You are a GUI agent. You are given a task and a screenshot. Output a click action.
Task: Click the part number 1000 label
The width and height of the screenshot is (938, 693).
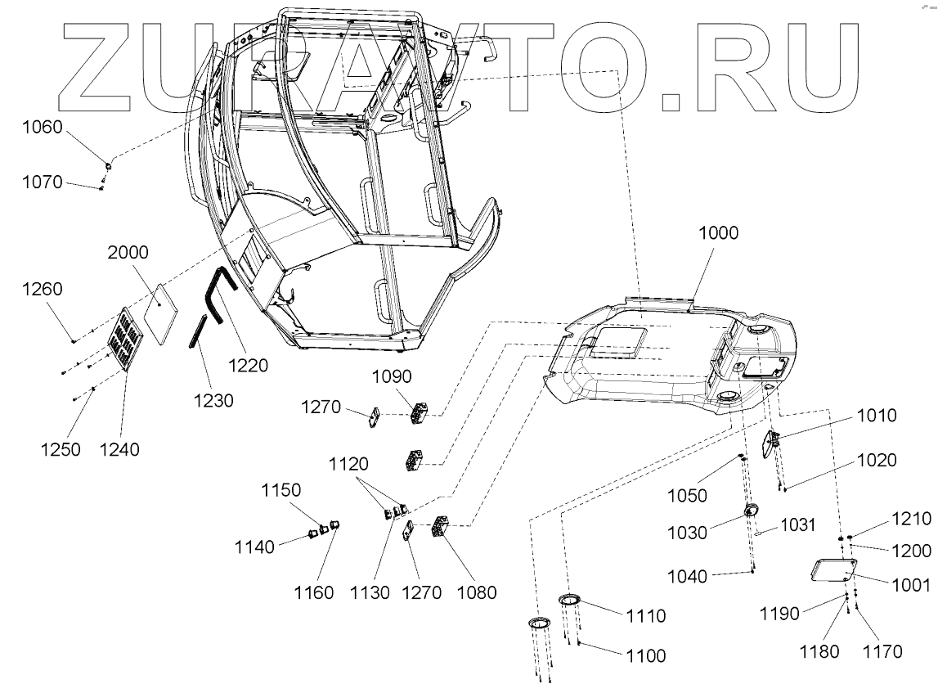tap(718, 233)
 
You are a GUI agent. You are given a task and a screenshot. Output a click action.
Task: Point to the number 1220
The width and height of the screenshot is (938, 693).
tap(248, 366)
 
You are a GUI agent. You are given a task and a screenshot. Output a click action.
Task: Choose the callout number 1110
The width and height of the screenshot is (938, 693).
tap(646, 615)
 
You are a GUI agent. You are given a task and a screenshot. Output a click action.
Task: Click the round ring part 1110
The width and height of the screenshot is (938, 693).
tap(570, 601)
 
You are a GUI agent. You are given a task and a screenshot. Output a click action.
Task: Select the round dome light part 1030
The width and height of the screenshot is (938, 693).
tap(751, 511)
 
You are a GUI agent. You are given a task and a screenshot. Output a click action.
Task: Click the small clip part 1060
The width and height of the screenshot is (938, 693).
tap(109, 166)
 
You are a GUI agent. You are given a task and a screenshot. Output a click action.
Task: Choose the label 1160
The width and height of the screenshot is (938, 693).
tap(315, 592)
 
